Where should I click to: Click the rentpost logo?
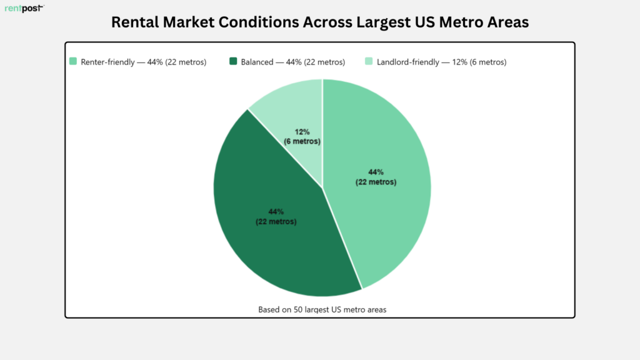point(24,8)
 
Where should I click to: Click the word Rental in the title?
point(135,22)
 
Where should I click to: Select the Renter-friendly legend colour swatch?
point(73,61)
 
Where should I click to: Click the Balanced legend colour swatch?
point(233,61)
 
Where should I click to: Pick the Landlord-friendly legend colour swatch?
point(369,61)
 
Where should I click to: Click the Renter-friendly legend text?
point(144,62)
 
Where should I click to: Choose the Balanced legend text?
point(292,62)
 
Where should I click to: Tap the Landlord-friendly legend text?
point(442,62)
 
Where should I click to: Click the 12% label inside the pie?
point(302,132)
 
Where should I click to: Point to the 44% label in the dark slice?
point(276,211)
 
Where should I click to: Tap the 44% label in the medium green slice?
point(376,172)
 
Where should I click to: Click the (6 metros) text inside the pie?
point(302,141)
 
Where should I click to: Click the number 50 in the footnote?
point(298,309)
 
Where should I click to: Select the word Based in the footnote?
point(269,309)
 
